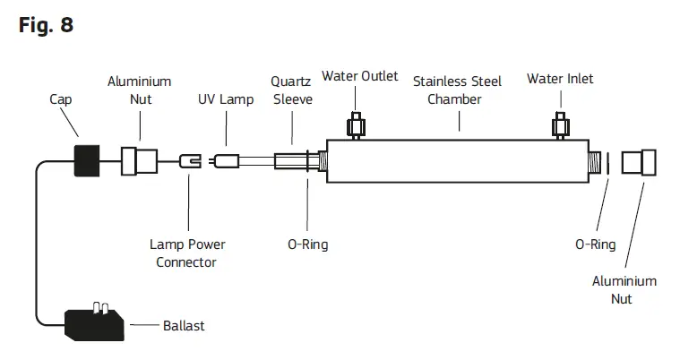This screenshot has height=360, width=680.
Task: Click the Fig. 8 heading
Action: coord(46,25)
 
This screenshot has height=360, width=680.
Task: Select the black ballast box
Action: coord(93,320)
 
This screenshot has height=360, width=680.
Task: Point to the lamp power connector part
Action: coord(189,162)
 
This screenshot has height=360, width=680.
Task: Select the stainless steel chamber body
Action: coord(457,162)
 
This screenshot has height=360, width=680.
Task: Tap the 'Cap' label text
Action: coord(61,100)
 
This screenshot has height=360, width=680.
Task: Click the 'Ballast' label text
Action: coord(183,325)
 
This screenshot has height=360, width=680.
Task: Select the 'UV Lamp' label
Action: coord(226,100)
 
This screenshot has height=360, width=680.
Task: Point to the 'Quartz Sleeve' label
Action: coord(292,90)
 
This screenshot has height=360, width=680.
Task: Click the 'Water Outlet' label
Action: coord(360,76)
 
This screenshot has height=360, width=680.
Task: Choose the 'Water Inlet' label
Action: coord(560,79)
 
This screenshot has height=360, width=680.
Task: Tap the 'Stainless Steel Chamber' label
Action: coord(457,90)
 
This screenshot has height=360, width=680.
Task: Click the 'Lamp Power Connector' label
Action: coord(187,253)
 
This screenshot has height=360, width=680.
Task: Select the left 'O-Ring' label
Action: coord(307,244)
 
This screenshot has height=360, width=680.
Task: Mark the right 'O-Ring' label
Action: coord(595,244)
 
